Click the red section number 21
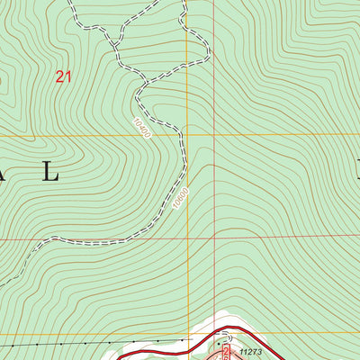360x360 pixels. tap(62, 77)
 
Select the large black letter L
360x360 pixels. tap(51, 174)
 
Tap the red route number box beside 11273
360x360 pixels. tap(225, 354)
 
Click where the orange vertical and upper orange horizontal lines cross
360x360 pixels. tap(187, 136)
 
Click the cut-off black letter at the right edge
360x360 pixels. tap(357, 171)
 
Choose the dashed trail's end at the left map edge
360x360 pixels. tap(2, 283)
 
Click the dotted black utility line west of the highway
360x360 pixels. tap(90, 343)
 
